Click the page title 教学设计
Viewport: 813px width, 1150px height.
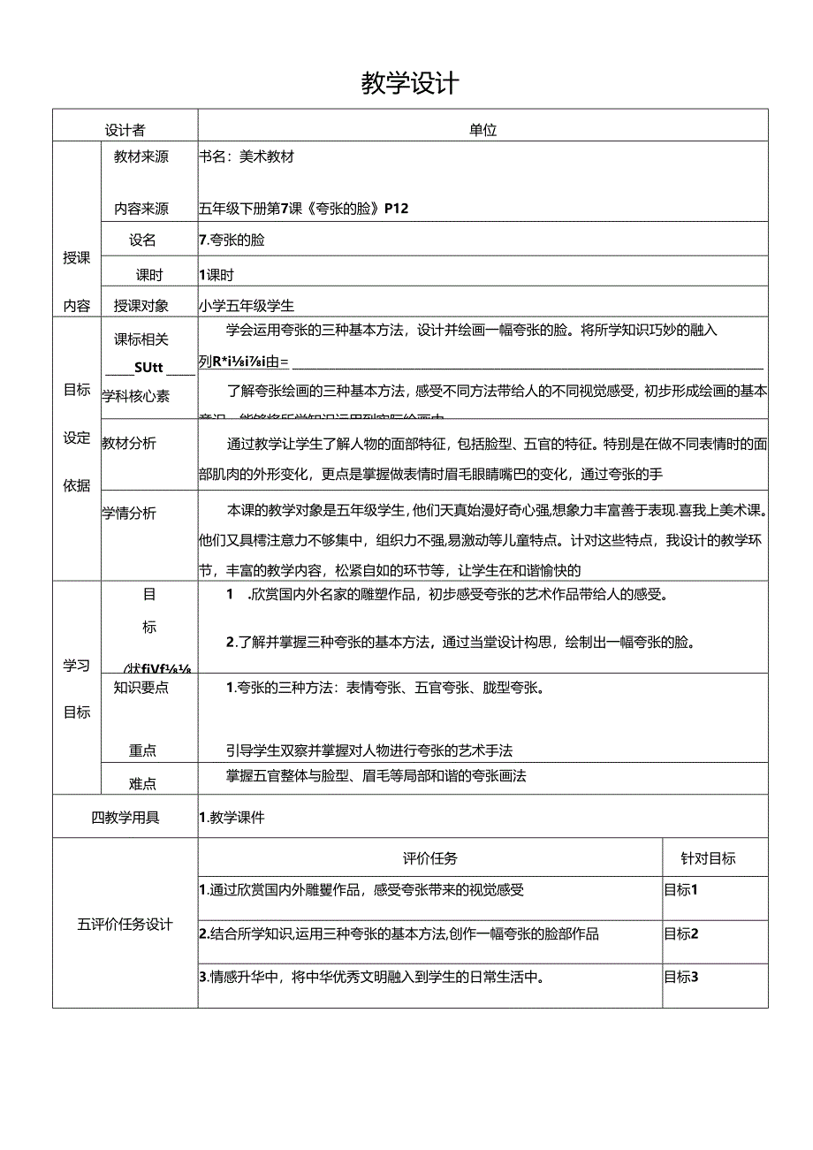410,84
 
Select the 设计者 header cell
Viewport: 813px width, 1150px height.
125,130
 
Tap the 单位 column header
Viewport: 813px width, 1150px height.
482,130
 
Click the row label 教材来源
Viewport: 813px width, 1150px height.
141,157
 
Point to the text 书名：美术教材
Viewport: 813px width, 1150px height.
247,157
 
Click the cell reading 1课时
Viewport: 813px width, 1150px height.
217,275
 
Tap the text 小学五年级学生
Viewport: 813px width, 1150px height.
247,306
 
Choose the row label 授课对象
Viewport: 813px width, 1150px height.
141,306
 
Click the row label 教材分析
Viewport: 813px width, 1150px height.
129,443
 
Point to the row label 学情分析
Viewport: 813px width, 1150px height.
129,512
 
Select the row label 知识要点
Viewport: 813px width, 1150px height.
141,687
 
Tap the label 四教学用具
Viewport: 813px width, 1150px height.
125,818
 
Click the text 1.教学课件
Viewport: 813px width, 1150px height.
232,818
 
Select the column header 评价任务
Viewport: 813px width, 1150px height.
430,857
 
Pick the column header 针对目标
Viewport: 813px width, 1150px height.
708,857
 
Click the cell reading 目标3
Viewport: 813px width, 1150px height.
681,977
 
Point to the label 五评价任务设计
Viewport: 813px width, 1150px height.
125,925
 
